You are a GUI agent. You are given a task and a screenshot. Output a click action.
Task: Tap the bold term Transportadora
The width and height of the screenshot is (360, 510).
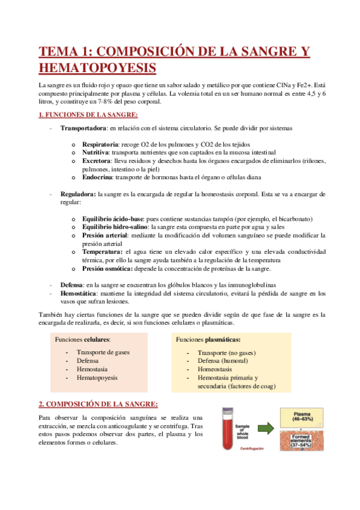(x=83, y=129)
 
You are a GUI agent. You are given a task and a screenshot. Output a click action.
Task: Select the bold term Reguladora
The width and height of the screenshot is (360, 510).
(x=78, y=194)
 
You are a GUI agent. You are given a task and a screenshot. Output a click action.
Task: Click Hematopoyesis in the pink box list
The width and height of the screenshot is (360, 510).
(x=97, y=378)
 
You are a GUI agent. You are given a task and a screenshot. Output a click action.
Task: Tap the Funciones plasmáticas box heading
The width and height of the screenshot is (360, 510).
(x=207, y=340)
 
